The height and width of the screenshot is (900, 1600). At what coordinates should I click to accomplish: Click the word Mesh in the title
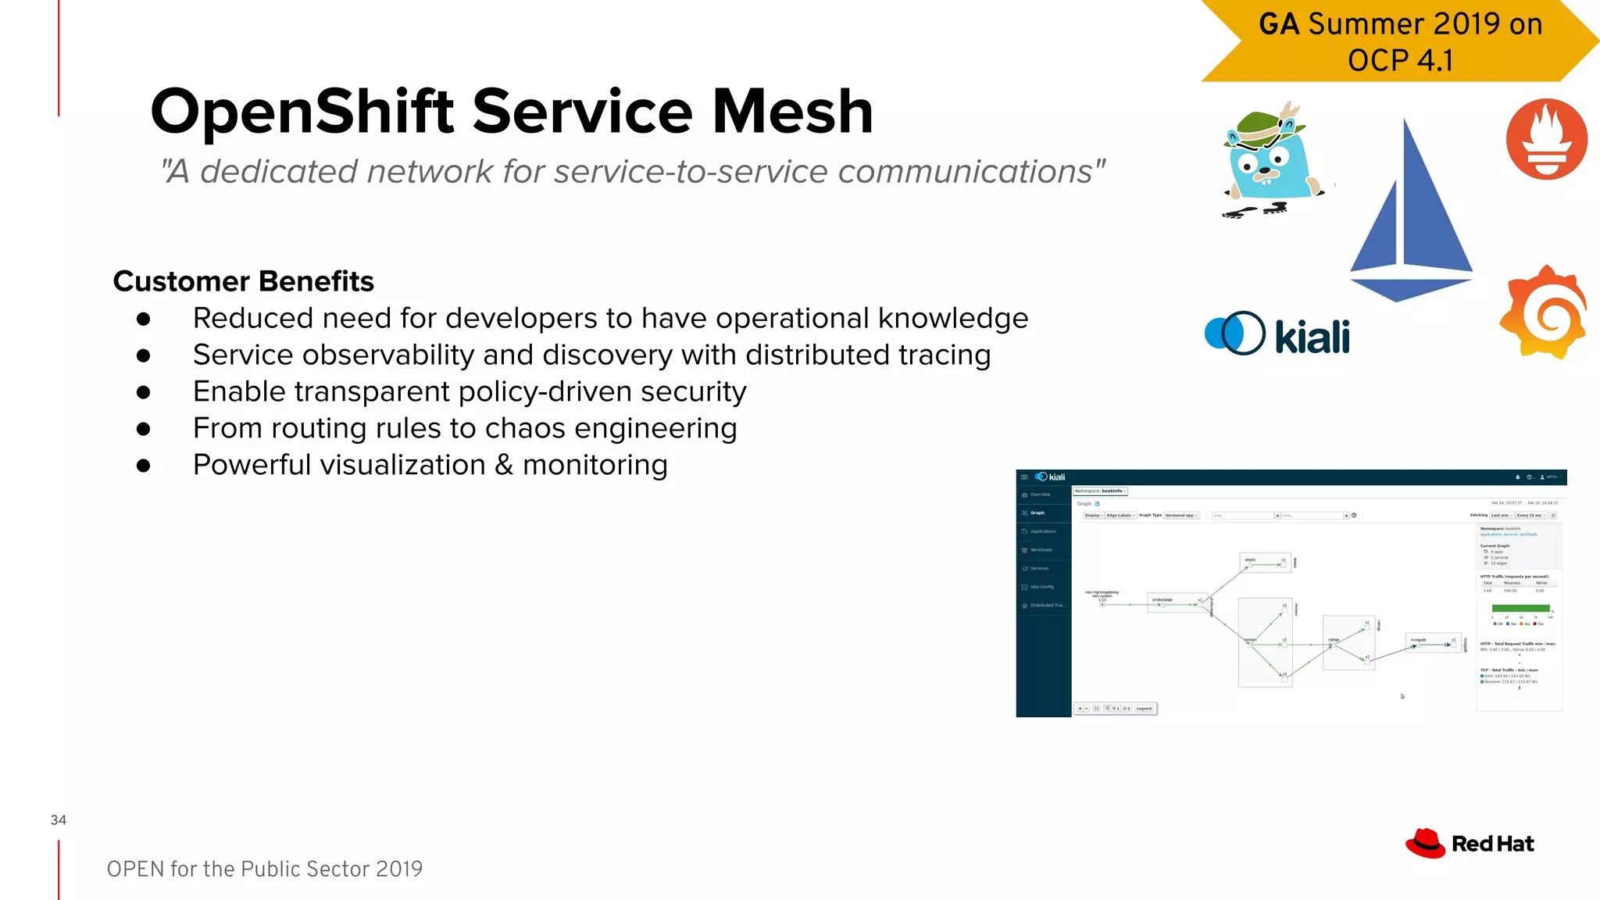pos(792,112)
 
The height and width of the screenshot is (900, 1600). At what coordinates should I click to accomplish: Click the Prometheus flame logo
pos(1546,139)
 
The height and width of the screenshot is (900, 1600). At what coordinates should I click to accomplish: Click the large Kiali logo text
pos(1312,337)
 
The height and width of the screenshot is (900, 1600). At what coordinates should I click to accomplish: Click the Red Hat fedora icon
pos(1425,843)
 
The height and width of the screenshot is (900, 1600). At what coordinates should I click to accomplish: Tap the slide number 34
pos(59,820)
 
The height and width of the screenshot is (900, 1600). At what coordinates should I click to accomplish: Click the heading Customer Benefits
pos(243,281)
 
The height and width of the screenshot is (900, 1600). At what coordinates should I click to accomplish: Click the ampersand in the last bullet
pos(504,465)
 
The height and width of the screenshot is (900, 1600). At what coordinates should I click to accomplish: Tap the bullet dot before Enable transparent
pos(143,392)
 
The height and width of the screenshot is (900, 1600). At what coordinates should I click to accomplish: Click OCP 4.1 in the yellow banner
pos(1400,60)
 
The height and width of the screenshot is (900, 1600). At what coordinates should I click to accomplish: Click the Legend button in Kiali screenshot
pos(1144,709)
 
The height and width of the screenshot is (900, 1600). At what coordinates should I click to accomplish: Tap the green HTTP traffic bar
pos(1520,608)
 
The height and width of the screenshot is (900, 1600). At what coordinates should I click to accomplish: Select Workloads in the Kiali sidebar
pos(1041,550)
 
